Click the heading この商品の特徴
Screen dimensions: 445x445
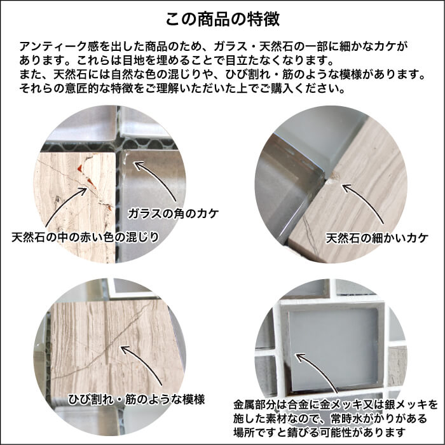pos(222,17)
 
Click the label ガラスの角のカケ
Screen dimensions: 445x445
pos(172,214)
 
